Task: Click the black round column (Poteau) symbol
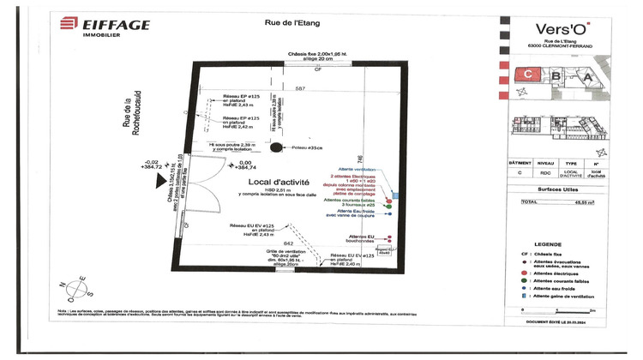coord(275,148)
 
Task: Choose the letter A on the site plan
coord(586,77)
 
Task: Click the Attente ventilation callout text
coord(356,170)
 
